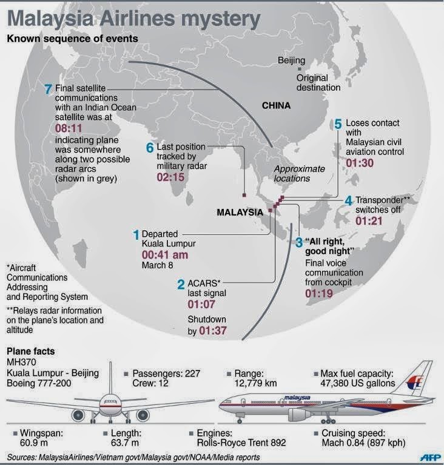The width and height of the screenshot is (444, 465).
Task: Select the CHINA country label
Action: [276, 105]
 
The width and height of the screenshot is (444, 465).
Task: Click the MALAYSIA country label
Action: [240, 212]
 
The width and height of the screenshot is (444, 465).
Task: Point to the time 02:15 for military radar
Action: [172, 178]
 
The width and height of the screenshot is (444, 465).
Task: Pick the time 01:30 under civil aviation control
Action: [360, 163]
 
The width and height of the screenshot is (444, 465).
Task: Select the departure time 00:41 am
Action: [164, 255]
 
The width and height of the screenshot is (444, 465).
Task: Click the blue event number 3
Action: [298, 243]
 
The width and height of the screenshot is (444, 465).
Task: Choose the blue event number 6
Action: [150, 148]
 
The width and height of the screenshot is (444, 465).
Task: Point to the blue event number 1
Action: [136, 234]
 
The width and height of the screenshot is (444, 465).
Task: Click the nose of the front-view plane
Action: [110, 401]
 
